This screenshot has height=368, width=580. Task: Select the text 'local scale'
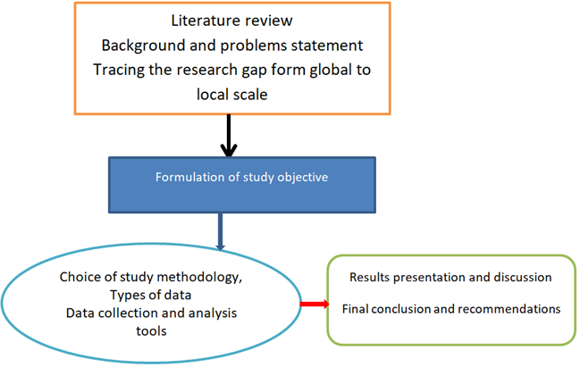232,93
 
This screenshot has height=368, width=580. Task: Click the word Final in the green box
357,309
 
